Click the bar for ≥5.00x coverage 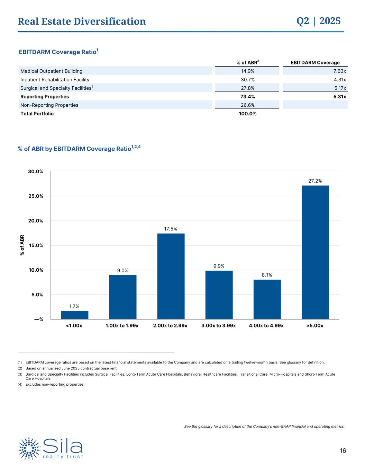[x=315, y=252]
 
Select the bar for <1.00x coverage [x=74, y=315]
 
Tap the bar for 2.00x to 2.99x [x=171, y=276]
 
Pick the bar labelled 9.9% [x=219, y=295]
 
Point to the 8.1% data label [x=267, y=275]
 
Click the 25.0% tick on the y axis [x=36, y=196]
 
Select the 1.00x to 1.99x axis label [x=122, y=326]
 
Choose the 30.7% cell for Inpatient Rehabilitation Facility [x=247, y=80]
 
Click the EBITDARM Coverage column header [x=315, y=63]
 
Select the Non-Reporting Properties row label [x=49, y=105]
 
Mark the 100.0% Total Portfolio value [x=247, y=114]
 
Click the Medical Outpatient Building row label [x=52, y=71]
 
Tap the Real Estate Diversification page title [x=82, y=21]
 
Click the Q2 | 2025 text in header [x=319, y=21]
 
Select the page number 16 [x=343, y=451]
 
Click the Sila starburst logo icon [x=29, y=448]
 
